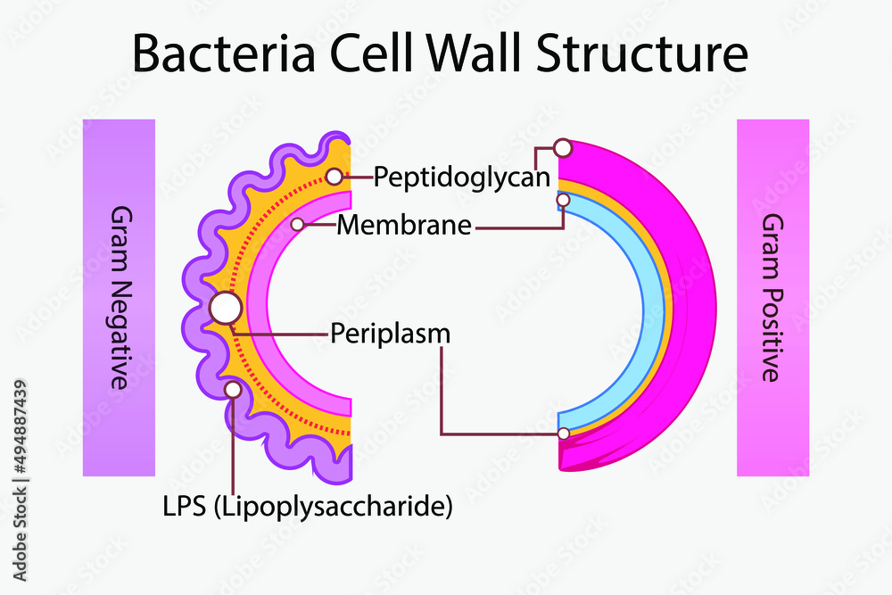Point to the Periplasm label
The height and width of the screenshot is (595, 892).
coord(390,334)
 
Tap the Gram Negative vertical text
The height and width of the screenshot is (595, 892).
coord(119,297)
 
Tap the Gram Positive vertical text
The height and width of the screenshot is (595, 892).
coord(772,297)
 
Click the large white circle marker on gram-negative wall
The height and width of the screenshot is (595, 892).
coord(225,308)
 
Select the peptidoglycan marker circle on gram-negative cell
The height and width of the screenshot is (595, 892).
coord(334,177)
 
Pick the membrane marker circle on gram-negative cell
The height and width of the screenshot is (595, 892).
coord(298,225)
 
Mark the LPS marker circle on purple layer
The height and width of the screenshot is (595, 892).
coord(233,389)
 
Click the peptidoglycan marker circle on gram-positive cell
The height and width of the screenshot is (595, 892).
coord(562,147)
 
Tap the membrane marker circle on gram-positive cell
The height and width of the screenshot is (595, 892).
coord(563,201)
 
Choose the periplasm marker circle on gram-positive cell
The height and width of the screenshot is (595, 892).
coord(564,434)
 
